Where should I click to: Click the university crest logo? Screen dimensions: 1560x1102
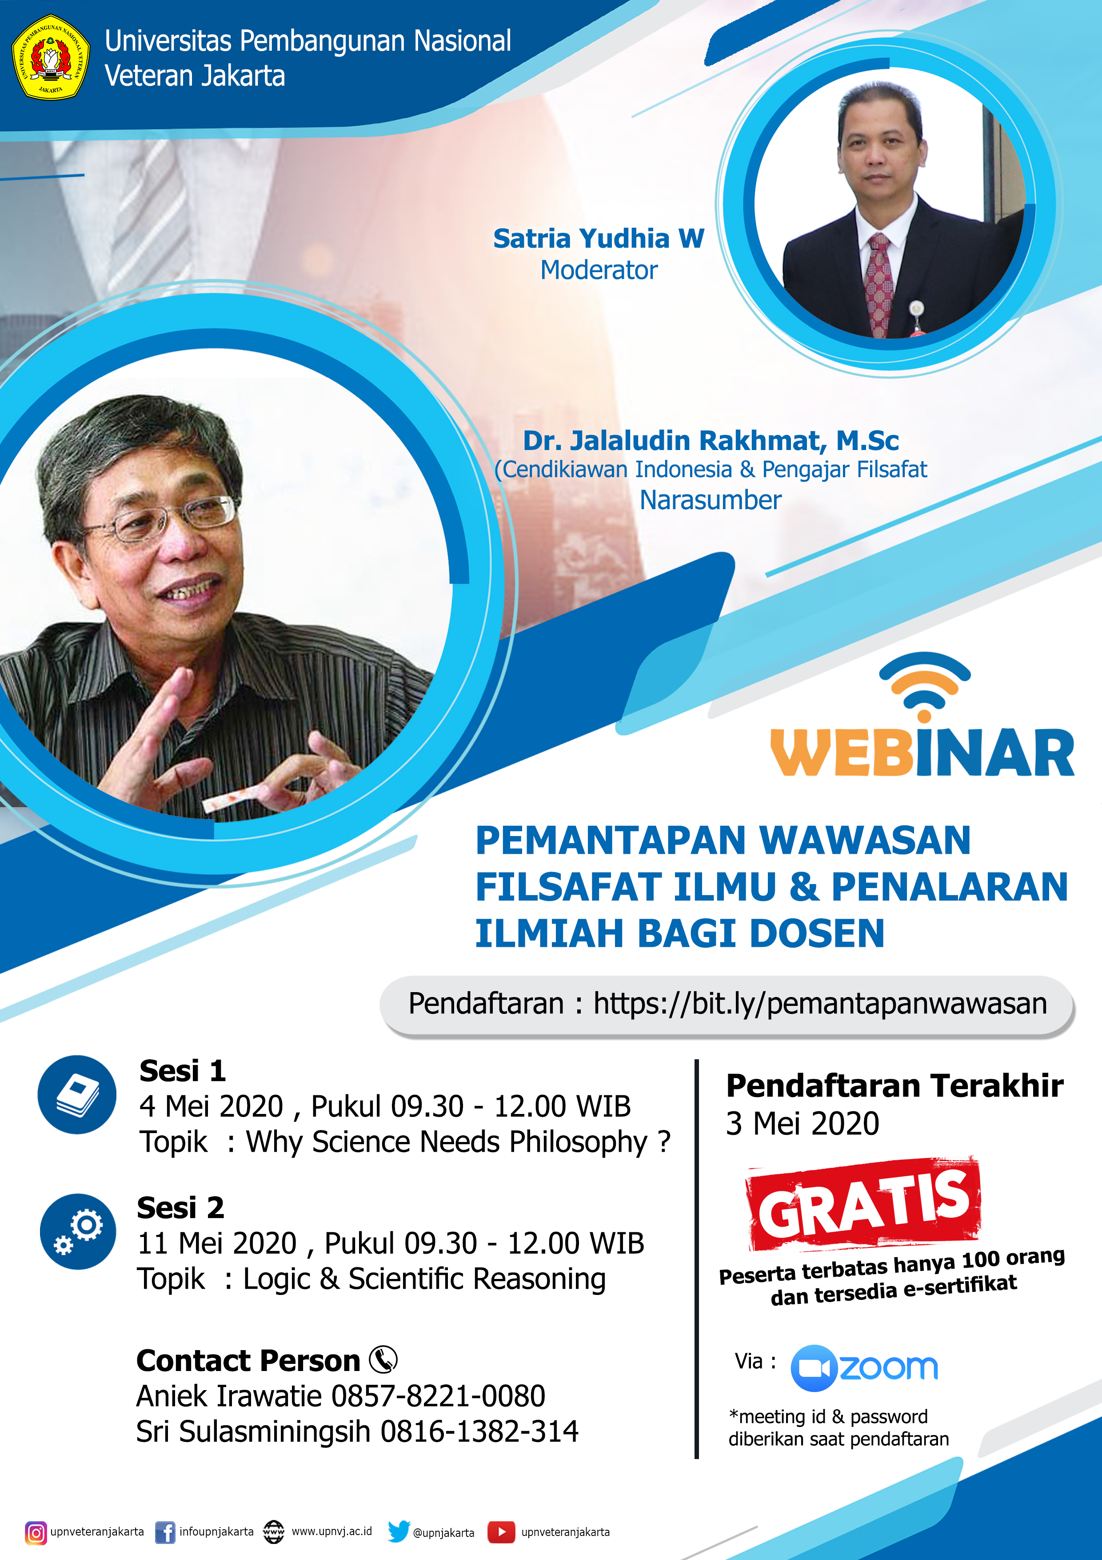point(51,58)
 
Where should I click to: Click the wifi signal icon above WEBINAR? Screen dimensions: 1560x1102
point(924,686)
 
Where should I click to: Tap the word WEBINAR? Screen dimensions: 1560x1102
point(922,753)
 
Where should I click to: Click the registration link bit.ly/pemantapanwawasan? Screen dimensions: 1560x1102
point(819,1004)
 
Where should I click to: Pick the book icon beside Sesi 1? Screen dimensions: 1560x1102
point(77,1094)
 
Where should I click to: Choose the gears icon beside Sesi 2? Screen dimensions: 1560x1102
point(78,1231)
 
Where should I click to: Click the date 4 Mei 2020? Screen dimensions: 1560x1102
point(211,1106)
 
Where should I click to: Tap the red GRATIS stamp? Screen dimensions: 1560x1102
point(864,1205)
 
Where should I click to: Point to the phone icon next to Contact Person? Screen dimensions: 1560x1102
point(383,1359)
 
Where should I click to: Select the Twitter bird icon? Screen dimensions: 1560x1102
point(399,1532)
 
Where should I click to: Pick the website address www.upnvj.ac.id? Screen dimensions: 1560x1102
point(331,1532)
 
